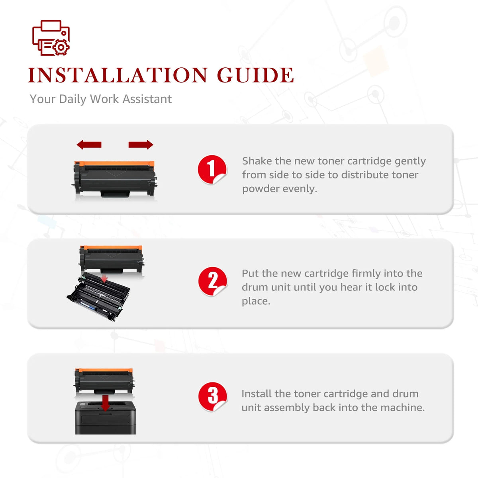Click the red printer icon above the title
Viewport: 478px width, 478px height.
coord(51,38)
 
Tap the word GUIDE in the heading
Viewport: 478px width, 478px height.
coord(255,75)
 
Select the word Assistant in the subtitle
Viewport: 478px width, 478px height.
coord(147,99)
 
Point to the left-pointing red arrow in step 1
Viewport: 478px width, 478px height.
coord(89,145)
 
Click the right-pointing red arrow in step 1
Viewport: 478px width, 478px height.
coord(141,145)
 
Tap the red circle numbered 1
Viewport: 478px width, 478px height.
coord(212,170)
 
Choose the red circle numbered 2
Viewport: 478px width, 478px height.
coord(213,282)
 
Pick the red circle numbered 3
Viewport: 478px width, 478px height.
coord(213,397)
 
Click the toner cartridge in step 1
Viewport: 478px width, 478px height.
coord(115,179)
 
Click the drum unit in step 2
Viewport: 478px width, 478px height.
coord(98,296)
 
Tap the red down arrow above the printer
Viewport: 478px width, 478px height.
coord(106,403)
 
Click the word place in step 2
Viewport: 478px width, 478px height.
coord(256,302)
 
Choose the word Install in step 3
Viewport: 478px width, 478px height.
coord(257,394)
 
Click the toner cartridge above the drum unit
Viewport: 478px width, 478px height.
coord(112,259)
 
